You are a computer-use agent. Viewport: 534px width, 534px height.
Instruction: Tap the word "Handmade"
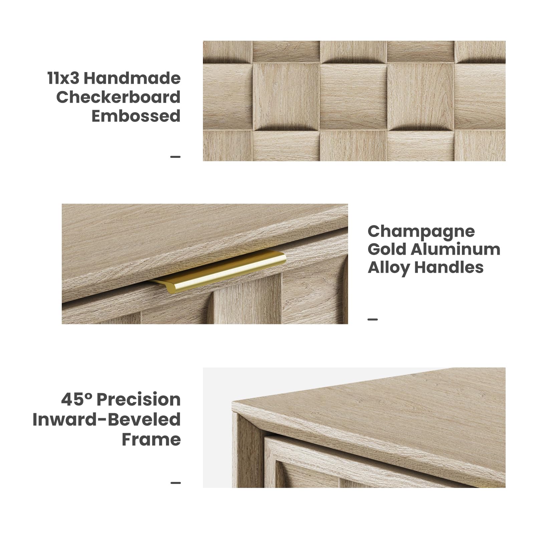click(132, 78)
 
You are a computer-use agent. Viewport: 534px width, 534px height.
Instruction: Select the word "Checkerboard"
click(118, 97)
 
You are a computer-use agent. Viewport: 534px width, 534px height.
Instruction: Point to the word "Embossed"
click(136, 116)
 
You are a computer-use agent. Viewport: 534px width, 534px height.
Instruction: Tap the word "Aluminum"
click(456, 249)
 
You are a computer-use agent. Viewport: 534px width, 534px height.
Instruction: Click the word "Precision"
click(139, 399)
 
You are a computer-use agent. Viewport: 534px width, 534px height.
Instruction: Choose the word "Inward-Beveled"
click(107, 420)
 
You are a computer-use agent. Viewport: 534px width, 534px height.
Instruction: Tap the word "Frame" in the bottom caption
click(151, 439)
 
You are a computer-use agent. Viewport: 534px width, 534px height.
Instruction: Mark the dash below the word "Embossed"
click(176, 157)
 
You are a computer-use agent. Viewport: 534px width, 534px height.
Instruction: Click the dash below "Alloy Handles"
click(373, 319)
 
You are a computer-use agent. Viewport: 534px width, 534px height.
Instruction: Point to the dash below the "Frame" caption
click(176, 483)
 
